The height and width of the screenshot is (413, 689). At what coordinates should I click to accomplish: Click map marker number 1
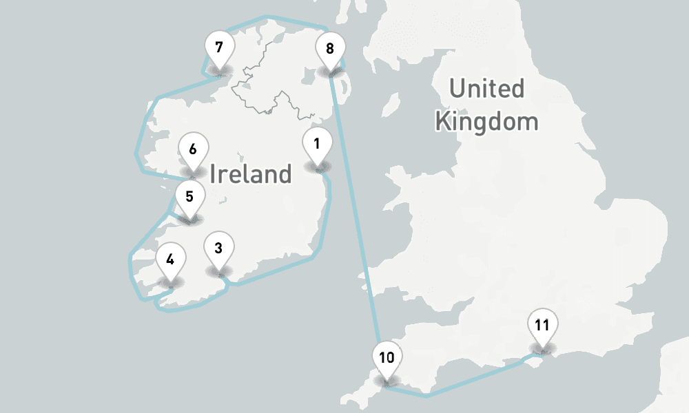point(317,145)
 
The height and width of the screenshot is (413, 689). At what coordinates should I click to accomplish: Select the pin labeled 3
point(218,248)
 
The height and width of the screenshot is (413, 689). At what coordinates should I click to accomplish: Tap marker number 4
point(170,261)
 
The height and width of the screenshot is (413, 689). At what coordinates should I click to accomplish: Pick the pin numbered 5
point(189,195)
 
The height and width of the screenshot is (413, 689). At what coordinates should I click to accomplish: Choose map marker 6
point(193,149)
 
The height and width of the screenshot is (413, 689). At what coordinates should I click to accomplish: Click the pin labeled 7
point(219,48)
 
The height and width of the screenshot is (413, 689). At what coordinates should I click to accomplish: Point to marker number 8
point(330,49)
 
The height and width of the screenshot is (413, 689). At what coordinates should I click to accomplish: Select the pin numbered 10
point(386,358)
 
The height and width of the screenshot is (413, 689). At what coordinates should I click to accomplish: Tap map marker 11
point(542,326)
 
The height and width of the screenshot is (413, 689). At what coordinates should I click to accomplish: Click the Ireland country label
point(250,174)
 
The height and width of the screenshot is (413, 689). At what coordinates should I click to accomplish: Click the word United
point(486,89)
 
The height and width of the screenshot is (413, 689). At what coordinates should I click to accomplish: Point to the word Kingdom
point(486,122)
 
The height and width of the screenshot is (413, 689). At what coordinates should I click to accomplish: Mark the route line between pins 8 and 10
point(355,206)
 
